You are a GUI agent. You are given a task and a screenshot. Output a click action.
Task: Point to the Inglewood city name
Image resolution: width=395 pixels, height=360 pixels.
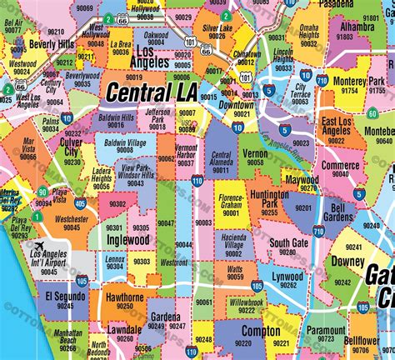pyautogui.click(x=127, y=240)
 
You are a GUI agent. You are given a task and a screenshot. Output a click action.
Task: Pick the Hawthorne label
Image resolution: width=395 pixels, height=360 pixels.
pyautogui.click(x=124, y=298)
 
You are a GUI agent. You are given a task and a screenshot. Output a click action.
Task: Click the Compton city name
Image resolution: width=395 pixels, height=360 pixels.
pyautogui.click(x=261, y=331)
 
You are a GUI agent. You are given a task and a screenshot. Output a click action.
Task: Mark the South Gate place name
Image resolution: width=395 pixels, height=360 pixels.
pyautogui.click(x=288, y=243)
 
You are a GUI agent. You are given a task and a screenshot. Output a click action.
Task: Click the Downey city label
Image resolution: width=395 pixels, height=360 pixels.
pyautogui.click(x=348, y=261)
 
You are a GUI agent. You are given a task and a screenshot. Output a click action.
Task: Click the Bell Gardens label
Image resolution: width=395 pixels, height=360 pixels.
pyautogui.click(x=337, y=212)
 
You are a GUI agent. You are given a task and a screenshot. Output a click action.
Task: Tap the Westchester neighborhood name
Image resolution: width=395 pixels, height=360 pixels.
pyautogui.click(x=71, y=220)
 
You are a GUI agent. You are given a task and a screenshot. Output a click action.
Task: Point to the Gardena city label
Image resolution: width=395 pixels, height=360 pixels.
pyautogui.click(x=166, y=317)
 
